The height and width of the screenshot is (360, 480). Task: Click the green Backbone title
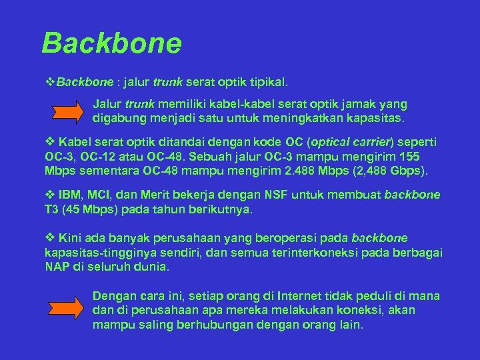tap(111, 43)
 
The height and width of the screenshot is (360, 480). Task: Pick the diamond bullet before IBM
tap(49, 195)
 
